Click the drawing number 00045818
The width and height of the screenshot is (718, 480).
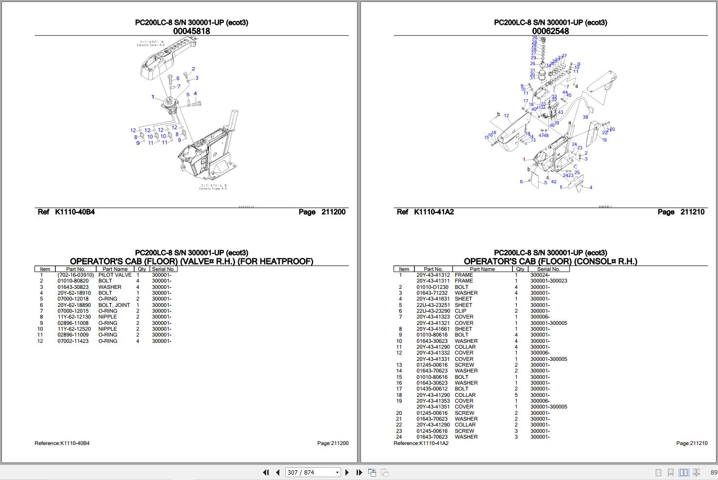pos(191,31)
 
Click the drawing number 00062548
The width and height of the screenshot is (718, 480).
pos(550,31)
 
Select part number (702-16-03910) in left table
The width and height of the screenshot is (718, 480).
pos(75,275)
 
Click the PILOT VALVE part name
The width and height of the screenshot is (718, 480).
pos(115,275)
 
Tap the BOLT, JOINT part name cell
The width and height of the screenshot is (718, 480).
pos(114,305)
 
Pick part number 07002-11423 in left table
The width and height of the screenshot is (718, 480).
pos(73,341)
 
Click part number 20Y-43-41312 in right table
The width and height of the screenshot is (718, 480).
pos(433,275)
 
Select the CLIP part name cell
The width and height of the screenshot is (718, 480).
pos(460,311)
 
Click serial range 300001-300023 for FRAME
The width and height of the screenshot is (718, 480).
pos(548,281)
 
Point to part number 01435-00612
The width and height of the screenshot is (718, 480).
pos(432,389)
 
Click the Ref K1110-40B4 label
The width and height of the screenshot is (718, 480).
pos(66,212)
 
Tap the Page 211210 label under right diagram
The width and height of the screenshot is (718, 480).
pos(681,212)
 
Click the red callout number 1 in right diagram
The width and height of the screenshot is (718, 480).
pos(524,160)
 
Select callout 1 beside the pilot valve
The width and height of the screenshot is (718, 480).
pos(153,97)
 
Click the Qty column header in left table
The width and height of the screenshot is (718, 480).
pos(141,269)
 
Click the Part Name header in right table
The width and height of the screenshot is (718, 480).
pos(482,269)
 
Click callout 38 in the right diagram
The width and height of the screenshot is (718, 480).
pos(585,117)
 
